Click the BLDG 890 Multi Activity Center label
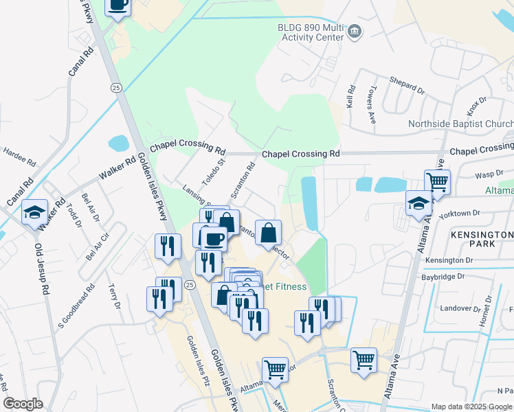(302, 31)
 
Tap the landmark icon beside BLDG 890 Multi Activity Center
(355, 30)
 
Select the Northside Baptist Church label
(460, 124)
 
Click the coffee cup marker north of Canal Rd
(118, 6)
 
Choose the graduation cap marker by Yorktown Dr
(418, 203)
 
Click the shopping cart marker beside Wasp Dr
(437, 183)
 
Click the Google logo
(23, 404)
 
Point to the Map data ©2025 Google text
(471, 407)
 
